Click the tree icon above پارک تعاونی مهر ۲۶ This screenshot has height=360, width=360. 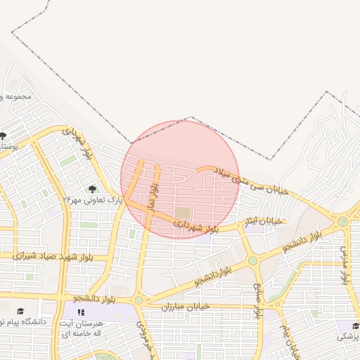click(x=92, y=188)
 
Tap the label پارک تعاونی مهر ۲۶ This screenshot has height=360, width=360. click(x=92, y=200)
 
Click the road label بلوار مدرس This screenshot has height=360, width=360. click(x=345, y=264)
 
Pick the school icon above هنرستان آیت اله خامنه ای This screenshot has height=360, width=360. click(x=82, y=311)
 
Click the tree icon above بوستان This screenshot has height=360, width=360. click(x=4, y=136)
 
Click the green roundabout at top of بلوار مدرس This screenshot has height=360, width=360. click(x=342, y=221)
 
